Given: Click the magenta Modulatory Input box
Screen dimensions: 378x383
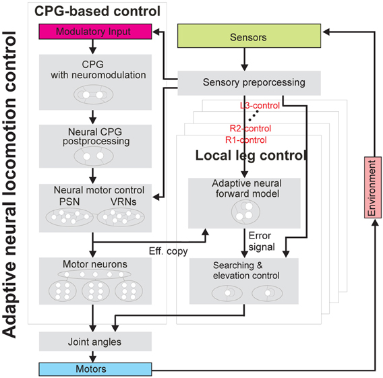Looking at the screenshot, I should click(94, 32).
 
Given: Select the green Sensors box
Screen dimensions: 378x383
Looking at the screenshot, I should click(247, 37).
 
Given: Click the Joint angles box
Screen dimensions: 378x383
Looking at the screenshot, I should click(94, 342).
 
